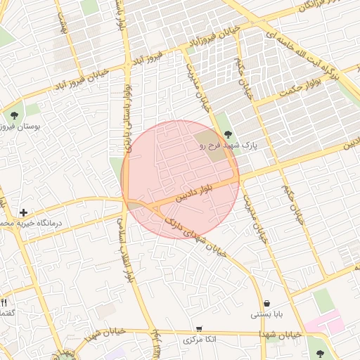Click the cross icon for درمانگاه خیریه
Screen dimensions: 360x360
pyautogui.click(x=24, y=212)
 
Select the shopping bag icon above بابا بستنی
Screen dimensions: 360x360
pyautogui.click(x=267, y=303)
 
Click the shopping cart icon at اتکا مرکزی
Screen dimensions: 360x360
pyautogui.click(x=199, y=328)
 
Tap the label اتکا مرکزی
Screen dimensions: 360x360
pyautogui.click(x=199, y=340)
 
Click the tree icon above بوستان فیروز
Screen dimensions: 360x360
pyautogui.click(x=13, y=115)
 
